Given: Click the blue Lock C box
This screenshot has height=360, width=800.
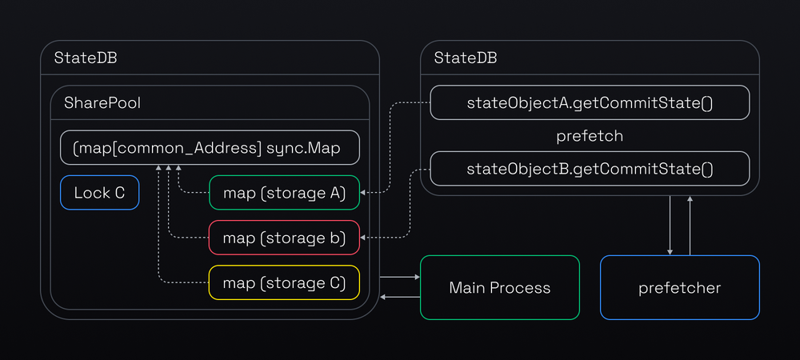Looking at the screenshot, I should click(100, 193).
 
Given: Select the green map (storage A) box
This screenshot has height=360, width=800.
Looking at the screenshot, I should click(284, 193).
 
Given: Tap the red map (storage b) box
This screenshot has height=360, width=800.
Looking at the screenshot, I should click(284, 238).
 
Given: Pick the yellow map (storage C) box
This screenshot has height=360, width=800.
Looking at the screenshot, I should click(284, 282).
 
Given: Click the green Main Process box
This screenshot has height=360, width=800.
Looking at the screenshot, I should click(500, 288).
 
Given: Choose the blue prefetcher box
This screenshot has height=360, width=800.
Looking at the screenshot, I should click(679, 288).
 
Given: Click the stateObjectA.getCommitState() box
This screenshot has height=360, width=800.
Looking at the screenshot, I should click(590, 103).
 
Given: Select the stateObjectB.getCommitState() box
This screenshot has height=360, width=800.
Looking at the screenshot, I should click(590, 169).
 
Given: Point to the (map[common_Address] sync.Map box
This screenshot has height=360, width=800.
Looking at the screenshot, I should click(210, 149).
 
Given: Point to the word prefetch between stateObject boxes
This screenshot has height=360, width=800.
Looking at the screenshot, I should click(590, 136).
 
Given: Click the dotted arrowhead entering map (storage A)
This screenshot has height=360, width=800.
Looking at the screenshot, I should click(364, 193).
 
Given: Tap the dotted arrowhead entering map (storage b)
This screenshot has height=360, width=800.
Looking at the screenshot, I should click(364, 238).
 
